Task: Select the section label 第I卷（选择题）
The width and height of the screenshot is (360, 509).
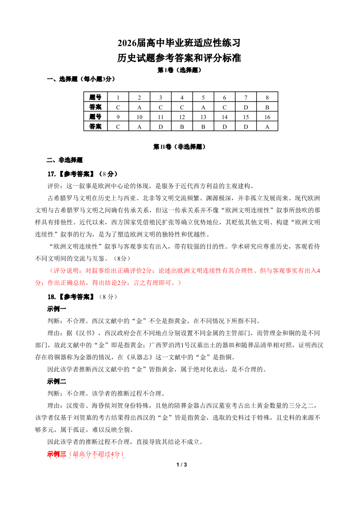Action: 179,70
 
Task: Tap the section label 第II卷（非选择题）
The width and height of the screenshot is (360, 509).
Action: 180,147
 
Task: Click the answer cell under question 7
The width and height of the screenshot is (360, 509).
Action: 246,107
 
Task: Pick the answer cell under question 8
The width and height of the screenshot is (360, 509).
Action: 267,107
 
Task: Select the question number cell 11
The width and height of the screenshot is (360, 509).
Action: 161,117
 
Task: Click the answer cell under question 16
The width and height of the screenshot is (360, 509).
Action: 267,126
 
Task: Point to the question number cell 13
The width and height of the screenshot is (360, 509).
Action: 203,117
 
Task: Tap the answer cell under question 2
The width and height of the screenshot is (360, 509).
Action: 139,107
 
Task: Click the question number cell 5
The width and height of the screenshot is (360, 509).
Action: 203,97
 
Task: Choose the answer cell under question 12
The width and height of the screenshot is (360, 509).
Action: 182,126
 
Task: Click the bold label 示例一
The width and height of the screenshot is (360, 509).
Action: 57,309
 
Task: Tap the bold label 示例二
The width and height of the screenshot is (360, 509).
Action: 57,381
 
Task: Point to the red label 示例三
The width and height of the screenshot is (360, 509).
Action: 57,454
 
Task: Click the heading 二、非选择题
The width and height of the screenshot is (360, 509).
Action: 65,160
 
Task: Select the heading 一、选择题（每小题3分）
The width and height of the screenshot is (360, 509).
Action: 81,79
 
